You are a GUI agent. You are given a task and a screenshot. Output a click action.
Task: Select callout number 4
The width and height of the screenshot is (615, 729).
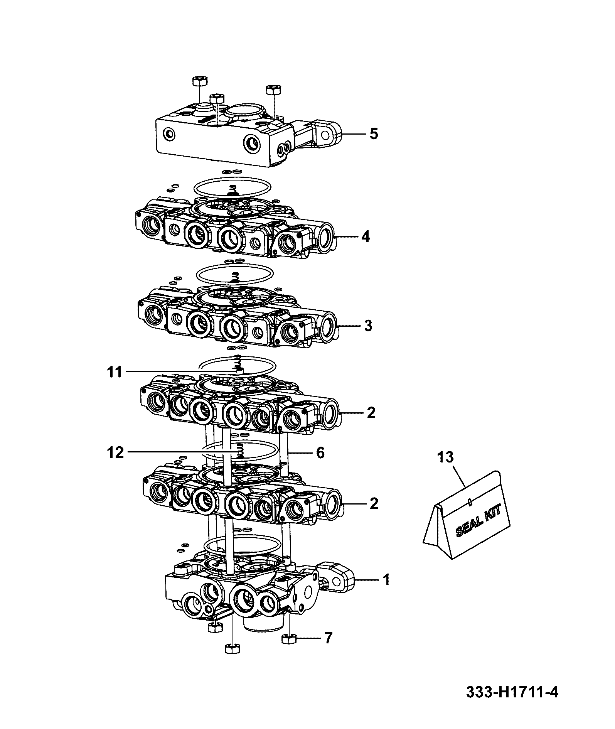pyautogui.click(x=366, y=236)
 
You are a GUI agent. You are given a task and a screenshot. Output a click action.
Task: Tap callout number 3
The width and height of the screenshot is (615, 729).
pyautogui.click(x=368, y=326)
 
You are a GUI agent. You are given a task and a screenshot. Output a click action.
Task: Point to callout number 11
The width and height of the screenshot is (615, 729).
pyautogui.click(x=115, y=372)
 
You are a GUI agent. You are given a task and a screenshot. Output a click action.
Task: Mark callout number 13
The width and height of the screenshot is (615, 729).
pyautogui.click(x=446, y=457)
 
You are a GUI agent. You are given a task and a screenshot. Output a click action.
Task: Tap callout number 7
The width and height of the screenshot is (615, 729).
pyautogui.click(x=328, y=638)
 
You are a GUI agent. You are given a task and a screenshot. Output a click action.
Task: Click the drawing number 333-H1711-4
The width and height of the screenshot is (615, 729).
pyautogui.click(x=512, y=692)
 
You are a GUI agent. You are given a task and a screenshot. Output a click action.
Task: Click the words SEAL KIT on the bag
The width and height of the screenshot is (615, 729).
pyautogui.click(x=479, y=521)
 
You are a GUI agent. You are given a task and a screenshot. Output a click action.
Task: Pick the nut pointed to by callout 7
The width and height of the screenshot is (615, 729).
pyautogui.click(x=288, y=639)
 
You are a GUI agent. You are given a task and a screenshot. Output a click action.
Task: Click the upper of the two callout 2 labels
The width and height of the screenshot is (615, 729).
pyautogui.click(x=371, y=413)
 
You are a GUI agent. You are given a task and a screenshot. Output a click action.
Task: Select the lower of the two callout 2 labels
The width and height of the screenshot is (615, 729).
pyautogui.click(x=373, y=503)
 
